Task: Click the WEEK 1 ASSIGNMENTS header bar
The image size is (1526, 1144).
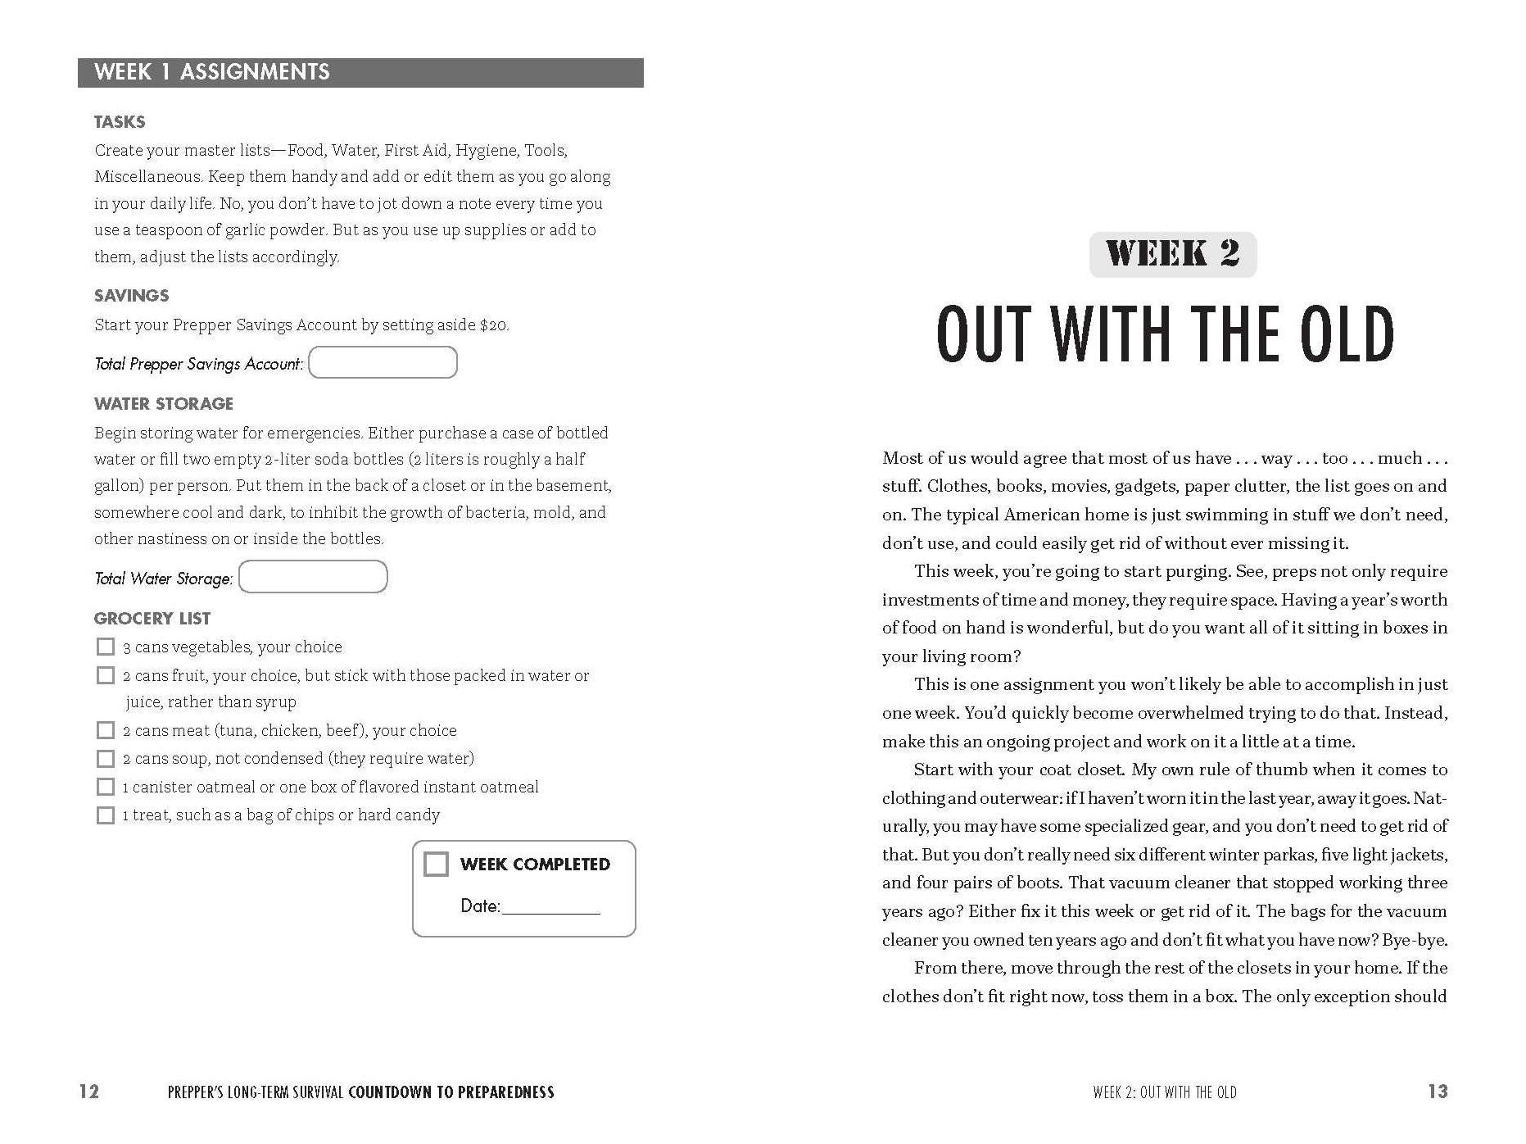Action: pyautogui.click(x=360, y=72)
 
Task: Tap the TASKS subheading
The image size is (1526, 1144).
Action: pyautogui.click(x=120, y=122)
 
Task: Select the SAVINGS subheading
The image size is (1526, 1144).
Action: pyautogui.click(x=131, y=296)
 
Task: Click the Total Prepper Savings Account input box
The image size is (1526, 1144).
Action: pyautogui.click(x=383, y=362)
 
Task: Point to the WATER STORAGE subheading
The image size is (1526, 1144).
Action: pyautogui.click(x=164, y=404)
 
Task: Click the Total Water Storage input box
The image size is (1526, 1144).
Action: pyautogui.click(x=313, y=577)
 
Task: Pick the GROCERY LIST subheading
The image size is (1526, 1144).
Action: pyautogui.click(x=152, y=619)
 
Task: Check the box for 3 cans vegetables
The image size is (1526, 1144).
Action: pyautogui.click(x=106, y=647)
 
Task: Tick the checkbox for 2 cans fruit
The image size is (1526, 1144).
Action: pyautogui.click(x=106, y=675)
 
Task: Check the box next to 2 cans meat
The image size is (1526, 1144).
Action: pyautogui.click(x=106, y=730)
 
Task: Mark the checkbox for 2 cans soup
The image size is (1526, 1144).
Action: pyautogui.click(x=106, y=758)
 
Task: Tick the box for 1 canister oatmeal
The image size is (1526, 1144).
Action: pyautogui.click(x=106, y=787)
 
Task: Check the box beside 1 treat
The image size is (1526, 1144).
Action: pyautogui.click(x=106, y=815)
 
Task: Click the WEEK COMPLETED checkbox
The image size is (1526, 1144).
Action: pyautogui.click(x=436, y=864)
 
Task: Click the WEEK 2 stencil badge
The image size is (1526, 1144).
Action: pyautogui.click(x=1172, y=254)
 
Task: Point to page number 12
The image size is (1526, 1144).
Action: pyautogui.click(x=89, y=1092)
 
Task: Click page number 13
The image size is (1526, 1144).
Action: pyautogui.click(x=1438, y=1092)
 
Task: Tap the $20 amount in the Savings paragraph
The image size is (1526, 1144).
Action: pyautogui.click(x=493, y=325)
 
